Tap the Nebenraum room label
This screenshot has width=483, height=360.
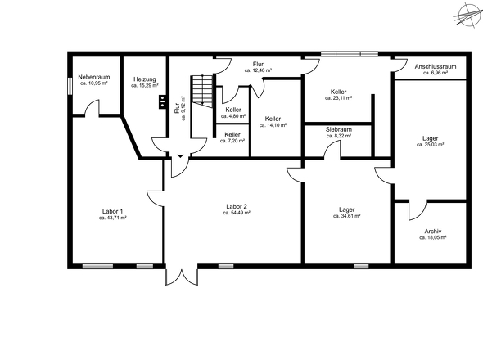point(94,77)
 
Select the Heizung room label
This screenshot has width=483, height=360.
point(145,79)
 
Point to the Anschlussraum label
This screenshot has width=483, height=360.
point(436,66)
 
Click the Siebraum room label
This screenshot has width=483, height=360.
point(339,129)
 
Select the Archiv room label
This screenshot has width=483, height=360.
point(433,232)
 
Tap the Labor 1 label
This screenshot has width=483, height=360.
point(113,212)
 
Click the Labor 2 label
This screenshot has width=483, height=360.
point(237,207)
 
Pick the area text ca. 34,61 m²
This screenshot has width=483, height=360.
point(347,216)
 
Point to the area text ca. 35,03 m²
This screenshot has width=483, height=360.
point(430,145)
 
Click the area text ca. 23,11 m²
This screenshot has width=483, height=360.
point(339,98)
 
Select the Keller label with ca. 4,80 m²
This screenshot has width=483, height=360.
point(233,110)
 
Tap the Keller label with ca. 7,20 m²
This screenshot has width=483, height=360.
point(232,134)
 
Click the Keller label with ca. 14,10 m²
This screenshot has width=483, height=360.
point(273,119)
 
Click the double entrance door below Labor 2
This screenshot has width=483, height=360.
point(182,275)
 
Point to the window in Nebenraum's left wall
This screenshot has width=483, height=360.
point(70,86)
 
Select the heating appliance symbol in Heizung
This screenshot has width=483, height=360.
point(162,101)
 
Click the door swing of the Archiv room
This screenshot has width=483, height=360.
point(418,210)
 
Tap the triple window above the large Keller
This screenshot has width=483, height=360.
point(350,54)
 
